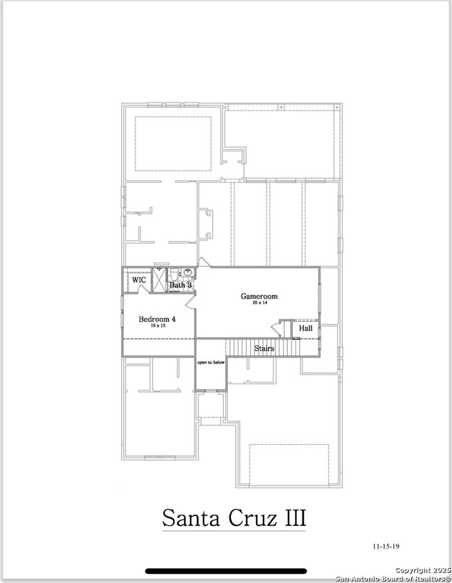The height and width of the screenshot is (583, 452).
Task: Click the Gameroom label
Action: (x=259, y=296)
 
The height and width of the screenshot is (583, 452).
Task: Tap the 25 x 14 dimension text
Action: (x=259, y=303)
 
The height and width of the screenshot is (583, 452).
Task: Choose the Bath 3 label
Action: (x=180, y=285)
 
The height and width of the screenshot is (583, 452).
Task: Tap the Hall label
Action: (x=306, y=328)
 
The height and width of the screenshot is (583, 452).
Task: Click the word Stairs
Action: (x=264, y=348)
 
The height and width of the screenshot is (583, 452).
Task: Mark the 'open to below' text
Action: (x=211, y=362)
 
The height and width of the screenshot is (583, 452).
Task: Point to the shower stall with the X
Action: (x=159, y=280)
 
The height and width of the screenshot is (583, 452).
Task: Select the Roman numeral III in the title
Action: (x=293, y=518)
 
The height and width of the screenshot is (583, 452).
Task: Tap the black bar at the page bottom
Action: (x=226, y=571)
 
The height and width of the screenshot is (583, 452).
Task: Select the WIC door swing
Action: (x=143, y=288)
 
